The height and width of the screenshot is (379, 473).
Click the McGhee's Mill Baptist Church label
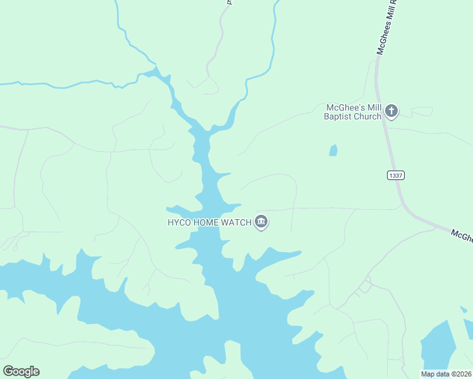pyautogui.click(x=353, y=112)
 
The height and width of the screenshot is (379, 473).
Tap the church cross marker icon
pyautogui.click(x=391, y=112)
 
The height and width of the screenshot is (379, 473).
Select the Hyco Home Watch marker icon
pyautogui.click(x=261, y=222)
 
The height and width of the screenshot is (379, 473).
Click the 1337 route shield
pyautogui.click(x=395, y=175)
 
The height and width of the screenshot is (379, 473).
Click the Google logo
pyautogui.click(x=21, y=371)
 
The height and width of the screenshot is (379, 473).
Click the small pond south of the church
pyautogui.click(x=333, y=150)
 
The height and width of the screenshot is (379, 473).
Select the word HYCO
pyautogui.click(x=179, y=222)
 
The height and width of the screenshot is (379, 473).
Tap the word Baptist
pyautogui.click(x=339, y=116)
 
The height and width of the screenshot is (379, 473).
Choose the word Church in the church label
pyautogui.click(x=368, y=116)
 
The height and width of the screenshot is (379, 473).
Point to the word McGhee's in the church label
pyautogui.click(x=343, y=107)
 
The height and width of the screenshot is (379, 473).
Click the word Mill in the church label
pyautogui.click(x=371, y=107)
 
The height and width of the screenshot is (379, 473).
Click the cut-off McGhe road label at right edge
pyautogui.click(x=462, y=236)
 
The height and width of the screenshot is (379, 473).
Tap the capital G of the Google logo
pyautogui.click(x=8, y=371)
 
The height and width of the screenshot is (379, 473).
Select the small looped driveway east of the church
pyautogui.click(x=422, y=111)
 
